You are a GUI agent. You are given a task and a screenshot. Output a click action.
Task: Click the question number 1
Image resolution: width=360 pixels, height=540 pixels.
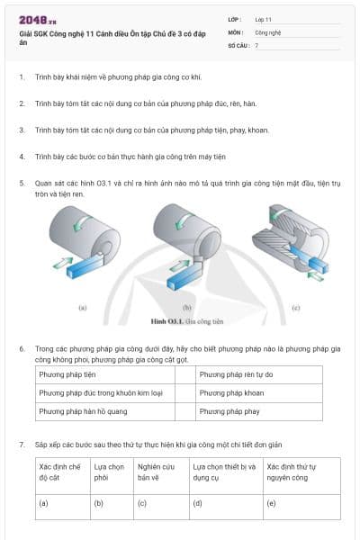22,77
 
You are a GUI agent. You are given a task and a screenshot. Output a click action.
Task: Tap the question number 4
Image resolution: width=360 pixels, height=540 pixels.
22,156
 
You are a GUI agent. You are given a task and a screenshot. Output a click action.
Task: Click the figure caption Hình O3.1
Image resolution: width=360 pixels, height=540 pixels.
180,319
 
